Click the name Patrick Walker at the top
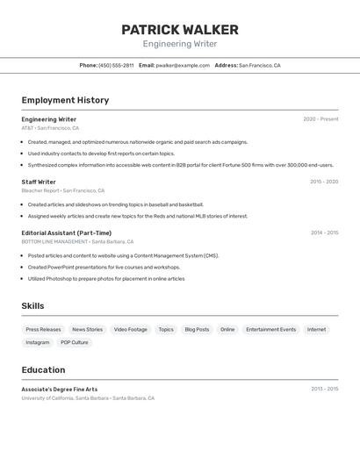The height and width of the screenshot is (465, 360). (180, 30)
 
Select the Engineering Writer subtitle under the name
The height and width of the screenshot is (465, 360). (180, 44)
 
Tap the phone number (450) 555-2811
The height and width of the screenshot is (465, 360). (116, 65)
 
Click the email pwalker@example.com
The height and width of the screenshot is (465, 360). (183, 65)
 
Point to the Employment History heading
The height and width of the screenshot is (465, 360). (65, 100)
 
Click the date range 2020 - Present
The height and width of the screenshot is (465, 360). (320, 119)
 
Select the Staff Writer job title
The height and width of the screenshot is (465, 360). (39, 182)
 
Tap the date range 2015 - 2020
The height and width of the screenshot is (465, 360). (324, 182)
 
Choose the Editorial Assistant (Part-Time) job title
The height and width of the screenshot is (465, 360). (67, 232)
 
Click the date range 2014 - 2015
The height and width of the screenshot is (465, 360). (324, 232)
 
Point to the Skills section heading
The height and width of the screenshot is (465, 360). (32, 306)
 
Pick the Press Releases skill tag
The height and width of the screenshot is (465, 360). (44, 330)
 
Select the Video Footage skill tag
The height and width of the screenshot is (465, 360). (131, 330)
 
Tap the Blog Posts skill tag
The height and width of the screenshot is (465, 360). (197, 330)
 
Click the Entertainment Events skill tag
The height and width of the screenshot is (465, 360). (270, 330)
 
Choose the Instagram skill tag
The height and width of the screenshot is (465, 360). (38, 342)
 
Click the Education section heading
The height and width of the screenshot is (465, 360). (43, 370)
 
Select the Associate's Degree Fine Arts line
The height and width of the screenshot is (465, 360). (60, 389)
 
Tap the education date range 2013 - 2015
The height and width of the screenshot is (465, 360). (324, 389)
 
